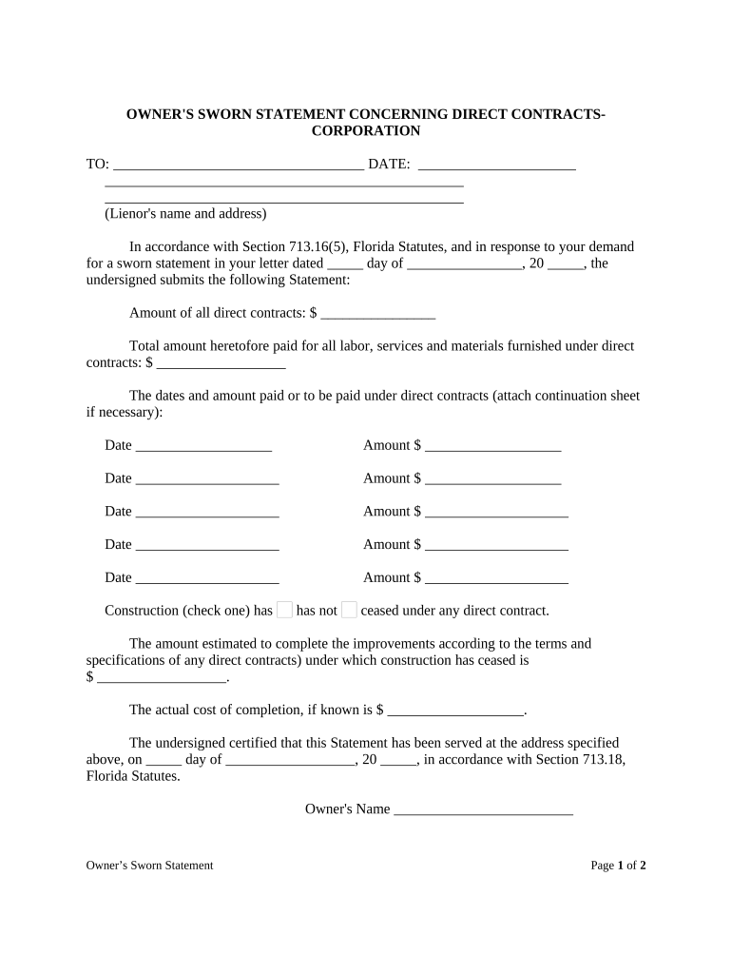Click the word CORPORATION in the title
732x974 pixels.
[x=366, y=131]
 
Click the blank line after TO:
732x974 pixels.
[x=238, y=166]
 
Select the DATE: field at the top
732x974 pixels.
[x=496, y=166]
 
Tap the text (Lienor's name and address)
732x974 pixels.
[x=185, y=213]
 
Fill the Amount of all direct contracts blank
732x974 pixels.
[x=378, y=313]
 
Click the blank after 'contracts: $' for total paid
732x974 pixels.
[x=222, y=363]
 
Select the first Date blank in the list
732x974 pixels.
[x=203, y=446]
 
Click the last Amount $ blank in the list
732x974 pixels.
[x=496, y=578]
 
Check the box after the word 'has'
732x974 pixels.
[x=284, y=611]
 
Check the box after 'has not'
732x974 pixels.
[x=349, y=611]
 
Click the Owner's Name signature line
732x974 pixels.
[x=483, y=809]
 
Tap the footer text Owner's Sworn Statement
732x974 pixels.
[x=149, y=866]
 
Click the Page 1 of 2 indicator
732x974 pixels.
[x=618, y=866]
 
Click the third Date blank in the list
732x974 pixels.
[x=207, y=513]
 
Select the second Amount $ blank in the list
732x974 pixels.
[x=492, y=479]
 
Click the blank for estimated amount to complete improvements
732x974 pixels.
[x=162, y=678]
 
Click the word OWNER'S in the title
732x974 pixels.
[x=160, y=114]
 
